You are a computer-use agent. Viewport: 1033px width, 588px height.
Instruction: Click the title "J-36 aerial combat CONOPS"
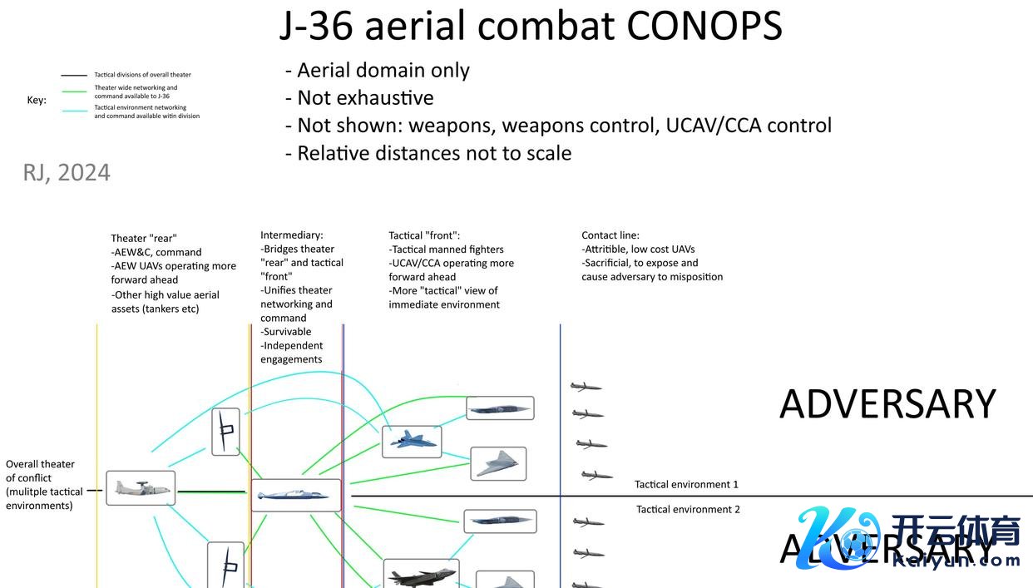point(530,26)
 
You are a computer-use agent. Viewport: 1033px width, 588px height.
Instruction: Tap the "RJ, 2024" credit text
point(67,172)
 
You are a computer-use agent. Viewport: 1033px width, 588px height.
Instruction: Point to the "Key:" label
point(37,101)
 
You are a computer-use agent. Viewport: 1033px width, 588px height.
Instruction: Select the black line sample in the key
point(74,75)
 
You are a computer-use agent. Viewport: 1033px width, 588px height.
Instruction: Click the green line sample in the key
point(74,92)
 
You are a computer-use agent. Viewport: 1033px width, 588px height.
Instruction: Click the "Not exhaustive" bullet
point(365,98)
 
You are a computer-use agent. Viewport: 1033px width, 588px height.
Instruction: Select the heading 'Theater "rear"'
point(144,239)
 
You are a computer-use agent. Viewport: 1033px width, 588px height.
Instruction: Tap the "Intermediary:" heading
point(291,235)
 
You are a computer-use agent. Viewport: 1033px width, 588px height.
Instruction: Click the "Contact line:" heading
point(610,235)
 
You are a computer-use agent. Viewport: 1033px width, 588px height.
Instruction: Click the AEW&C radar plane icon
point(141,488)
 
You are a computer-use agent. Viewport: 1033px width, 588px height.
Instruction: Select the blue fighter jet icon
point(411,441)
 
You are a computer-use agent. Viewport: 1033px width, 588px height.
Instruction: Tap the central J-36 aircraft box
point(295,495)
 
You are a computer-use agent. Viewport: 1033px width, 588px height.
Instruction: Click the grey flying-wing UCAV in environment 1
point(498,463)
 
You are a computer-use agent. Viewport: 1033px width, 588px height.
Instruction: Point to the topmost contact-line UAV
point(586,387)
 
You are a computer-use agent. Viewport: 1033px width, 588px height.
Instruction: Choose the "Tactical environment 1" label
point(686,484)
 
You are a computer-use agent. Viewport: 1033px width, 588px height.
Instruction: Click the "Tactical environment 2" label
point(688,509)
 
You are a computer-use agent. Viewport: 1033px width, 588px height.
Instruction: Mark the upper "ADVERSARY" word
point(887,404)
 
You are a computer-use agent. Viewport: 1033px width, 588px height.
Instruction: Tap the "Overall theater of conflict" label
point(40,484)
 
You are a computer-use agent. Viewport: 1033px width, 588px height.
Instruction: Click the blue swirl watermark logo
point(840,541)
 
